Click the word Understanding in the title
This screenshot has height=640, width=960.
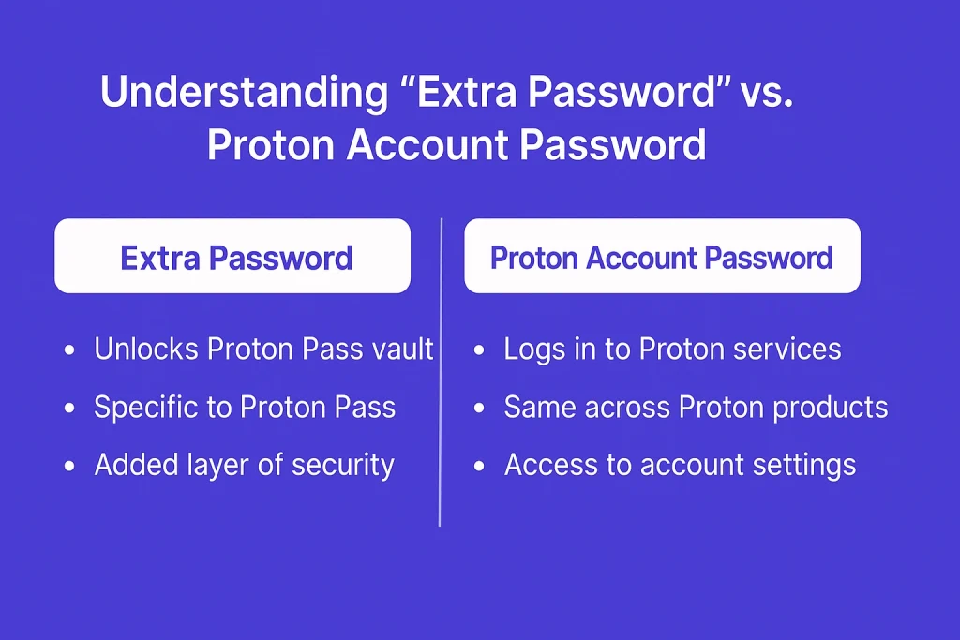[245, 93]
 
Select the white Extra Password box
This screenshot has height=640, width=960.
[232, 256]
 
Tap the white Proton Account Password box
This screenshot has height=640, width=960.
[663, 256]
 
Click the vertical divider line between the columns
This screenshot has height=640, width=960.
[441, 372]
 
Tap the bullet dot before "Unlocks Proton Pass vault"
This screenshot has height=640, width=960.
[69, 350]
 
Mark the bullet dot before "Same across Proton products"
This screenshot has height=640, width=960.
[479, 409]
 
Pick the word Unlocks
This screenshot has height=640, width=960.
[146, 349]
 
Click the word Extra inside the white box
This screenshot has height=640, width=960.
[159, 259]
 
